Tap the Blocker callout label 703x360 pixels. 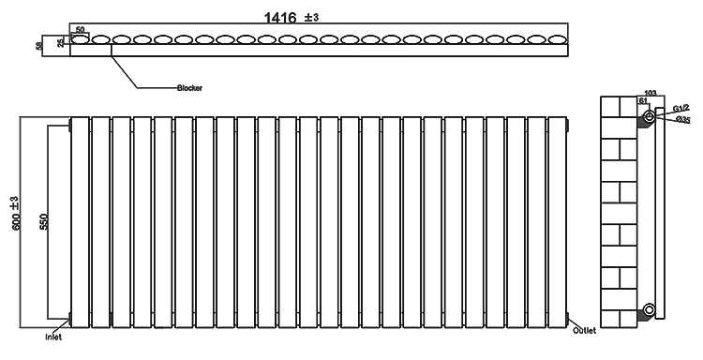click(190, 88)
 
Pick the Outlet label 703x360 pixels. click(587, 331)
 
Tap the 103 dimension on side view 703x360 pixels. click(650, 93)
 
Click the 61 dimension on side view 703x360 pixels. click(642, 101)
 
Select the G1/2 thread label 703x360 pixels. click(681, 109)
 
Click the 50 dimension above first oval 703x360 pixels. click(80, 31)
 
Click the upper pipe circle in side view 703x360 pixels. click(648, 117)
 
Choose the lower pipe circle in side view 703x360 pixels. click(648, 309)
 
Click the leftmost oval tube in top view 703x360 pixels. click(80, 41)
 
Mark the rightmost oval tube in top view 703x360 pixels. click(556, 41)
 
